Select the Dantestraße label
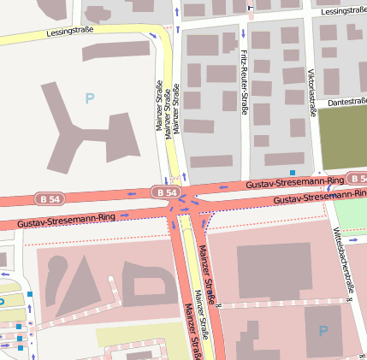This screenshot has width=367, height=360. (346, 101)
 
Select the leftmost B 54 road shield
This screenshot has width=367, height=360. (49, 198)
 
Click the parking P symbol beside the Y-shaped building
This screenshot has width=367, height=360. (89, 99)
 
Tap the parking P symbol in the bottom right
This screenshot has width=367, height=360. (323, 330)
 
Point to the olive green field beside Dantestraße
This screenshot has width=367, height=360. (342, 137)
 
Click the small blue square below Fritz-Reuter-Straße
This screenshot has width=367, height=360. (293, 172)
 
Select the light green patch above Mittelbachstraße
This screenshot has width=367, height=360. (349, 215)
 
